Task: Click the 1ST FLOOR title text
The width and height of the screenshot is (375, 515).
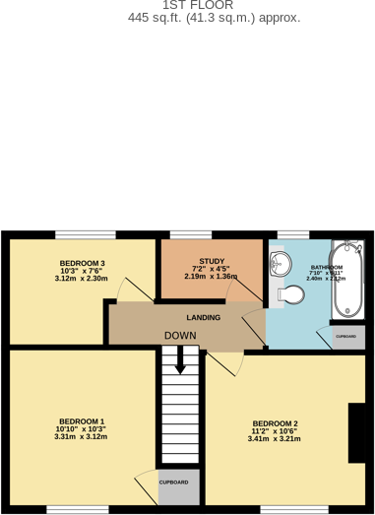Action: coord(198,5)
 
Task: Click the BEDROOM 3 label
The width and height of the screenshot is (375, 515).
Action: coord(82,263)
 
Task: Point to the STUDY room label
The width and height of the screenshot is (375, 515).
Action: coord(212,261)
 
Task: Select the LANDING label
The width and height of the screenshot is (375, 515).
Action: coord(203,317)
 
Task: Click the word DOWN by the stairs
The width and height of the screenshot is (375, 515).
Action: coord(180,336)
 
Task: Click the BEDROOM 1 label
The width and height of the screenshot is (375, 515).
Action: coord(81,421)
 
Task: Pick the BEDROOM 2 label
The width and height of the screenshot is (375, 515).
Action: coord(274,423)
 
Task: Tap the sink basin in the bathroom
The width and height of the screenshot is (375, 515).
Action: coord(279,263)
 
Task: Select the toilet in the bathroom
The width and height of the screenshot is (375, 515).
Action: coord(290,293)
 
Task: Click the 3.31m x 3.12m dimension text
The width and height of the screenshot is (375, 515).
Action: coord(81,437)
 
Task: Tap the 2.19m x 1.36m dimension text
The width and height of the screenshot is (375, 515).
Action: coord(212,277)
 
